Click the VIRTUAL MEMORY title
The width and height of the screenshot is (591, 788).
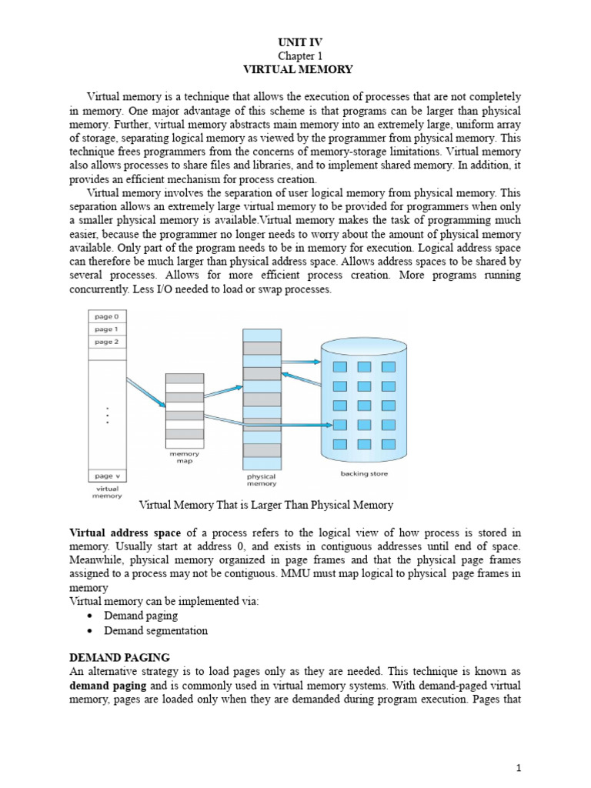click(x=297, y=69)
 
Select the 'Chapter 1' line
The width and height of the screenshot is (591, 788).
click(x=297, y=56)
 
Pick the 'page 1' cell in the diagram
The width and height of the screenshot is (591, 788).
click(x=106, y=329)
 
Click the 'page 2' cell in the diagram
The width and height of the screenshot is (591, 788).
click(x=106, y=342)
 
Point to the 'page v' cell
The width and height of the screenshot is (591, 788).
click(x=106, y=476)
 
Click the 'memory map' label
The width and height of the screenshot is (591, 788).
click(x=184, y=458)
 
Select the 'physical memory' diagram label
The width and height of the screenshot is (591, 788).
click(x=262, y=480)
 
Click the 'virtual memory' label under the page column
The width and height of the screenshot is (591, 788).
click(x=106, y=492)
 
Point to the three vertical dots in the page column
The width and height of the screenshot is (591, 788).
click(x=107, y=415)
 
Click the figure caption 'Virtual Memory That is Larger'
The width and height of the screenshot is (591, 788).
click(x=265, y=506)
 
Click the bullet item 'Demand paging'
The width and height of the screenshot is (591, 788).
click(x=141, y=616)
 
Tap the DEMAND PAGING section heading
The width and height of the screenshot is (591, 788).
click(x=119, y=657)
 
